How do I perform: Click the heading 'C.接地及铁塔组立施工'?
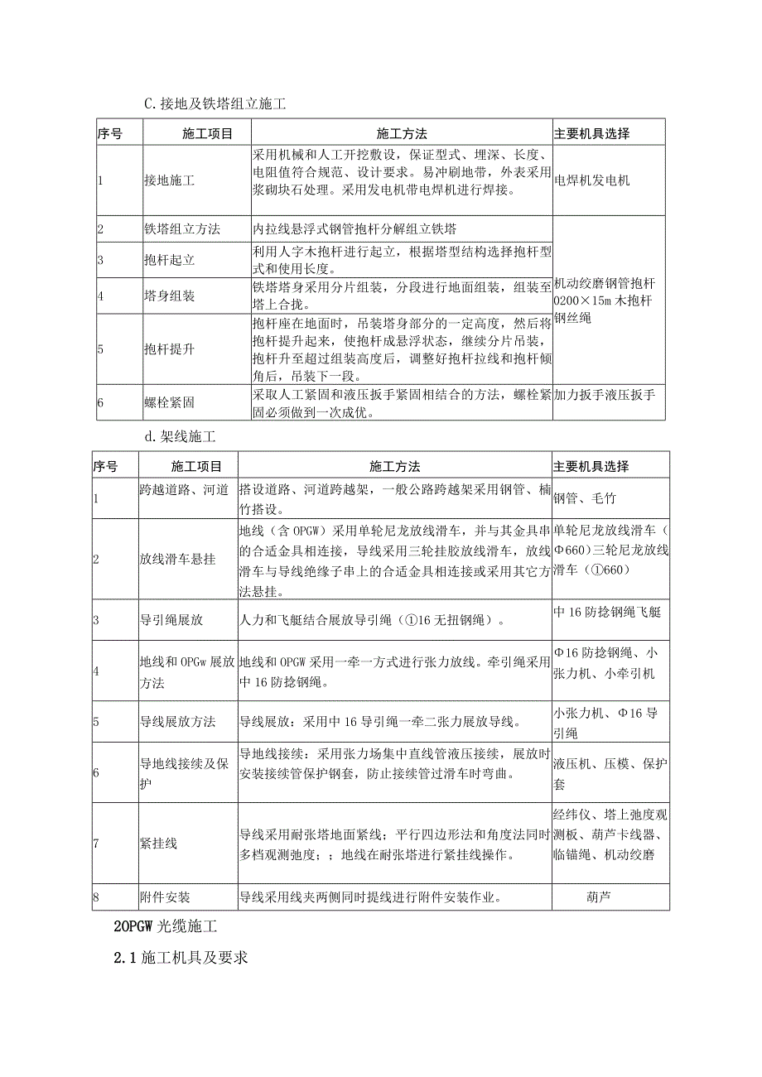point(215,103)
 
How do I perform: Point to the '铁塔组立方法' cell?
point(181,229)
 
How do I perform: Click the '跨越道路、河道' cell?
point(184,490)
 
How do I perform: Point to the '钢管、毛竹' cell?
point(585,498)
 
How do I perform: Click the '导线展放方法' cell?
point(177,722)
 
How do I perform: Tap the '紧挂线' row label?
point(158,844)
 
